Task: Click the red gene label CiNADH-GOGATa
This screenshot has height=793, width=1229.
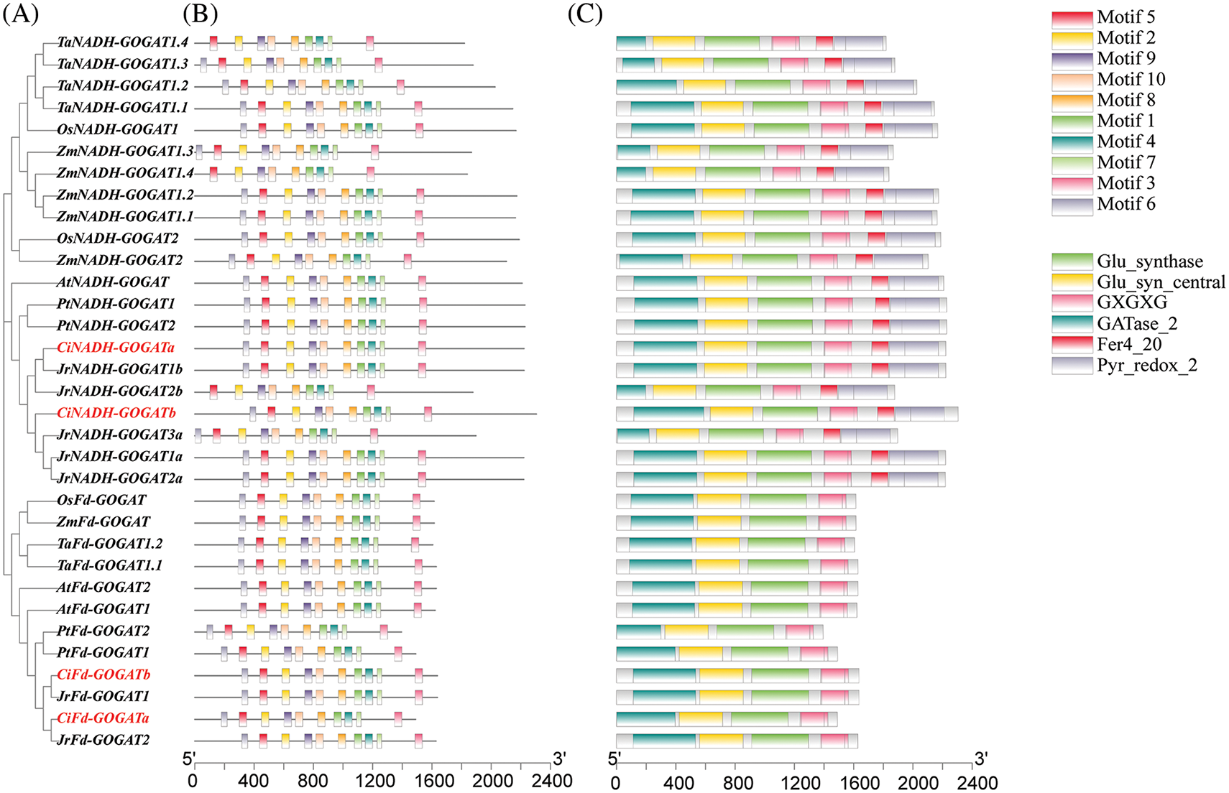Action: click(116, 348)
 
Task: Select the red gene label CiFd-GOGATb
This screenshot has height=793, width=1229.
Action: click(103, 674)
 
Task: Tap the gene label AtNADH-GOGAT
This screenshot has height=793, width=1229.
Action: click(113, 282)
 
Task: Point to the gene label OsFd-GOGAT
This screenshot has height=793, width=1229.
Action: click(101, 500)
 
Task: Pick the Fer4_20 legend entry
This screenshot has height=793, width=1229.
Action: click(1129, 345)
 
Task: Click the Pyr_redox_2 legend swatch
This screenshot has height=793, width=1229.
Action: click(1072, 366)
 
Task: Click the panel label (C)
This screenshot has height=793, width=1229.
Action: click(585, 14)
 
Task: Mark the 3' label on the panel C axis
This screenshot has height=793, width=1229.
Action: click(981, 759)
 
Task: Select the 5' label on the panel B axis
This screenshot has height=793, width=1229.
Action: click(189, 759)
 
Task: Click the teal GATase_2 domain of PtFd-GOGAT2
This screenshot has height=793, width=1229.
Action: click(639, 631)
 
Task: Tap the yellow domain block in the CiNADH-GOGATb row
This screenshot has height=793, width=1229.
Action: click(731, 413)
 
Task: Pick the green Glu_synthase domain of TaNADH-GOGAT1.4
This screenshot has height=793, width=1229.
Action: click(732, 43)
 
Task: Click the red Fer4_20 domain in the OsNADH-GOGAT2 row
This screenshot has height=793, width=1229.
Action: click(876, 239)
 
